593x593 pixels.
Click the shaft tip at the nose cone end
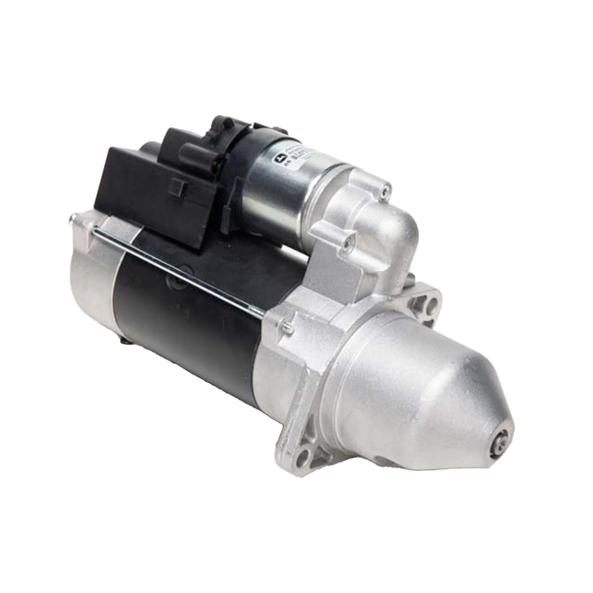pyautogui.click(x=500, y=434)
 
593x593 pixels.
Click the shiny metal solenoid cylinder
pyautogui.click(x=277, y=188)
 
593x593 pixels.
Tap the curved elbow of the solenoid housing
pyautogui.click(x=390, y=222)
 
